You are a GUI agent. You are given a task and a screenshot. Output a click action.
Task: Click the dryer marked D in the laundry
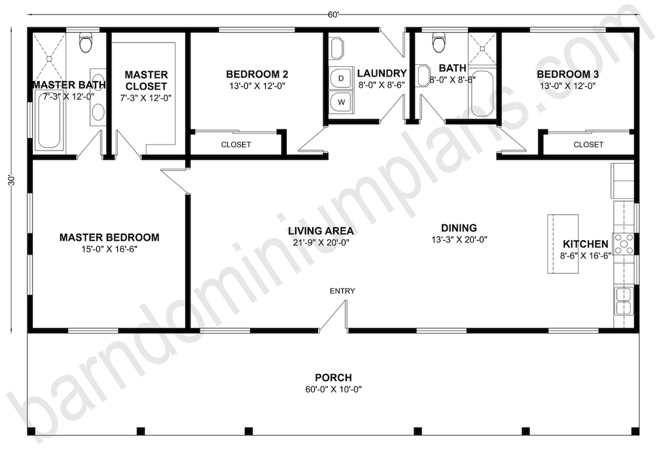pyautogui.click(x=342, y=79)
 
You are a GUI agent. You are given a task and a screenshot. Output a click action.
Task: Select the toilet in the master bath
pyautogui.click(x=86, y=42)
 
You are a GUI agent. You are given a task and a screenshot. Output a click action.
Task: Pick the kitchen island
pyautogui.click(x=562, y=243)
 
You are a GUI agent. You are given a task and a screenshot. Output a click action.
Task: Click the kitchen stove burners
pyautogui.click(x=624, y=245)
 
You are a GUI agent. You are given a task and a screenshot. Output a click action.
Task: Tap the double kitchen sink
pyautogui.click(x=624, y=301)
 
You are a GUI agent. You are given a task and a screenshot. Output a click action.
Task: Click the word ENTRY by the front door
pyautogui.click(x=342, y=291)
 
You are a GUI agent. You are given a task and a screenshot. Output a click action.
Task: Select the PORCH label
pyautogui.click(x=334, y=378)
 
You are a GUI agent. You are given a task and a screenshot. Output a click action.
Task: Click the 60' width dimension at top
pyautogui.click(x=334, y=15)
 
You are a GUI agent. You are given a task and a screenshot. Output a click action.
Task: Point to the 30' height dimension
pyautogui.click(x=12, y=181)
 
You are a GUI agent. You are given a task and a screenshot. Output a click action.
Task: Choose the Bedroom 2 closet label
pyautogui.click(x=236, y=145)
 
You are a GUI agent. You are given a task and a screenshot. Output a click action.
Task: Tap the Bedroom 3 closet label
pyautogui.click(x=588, y=145)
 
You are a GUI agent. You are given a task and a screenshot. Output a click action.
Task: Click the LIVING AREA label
pyautogui.click(x=321, y=230)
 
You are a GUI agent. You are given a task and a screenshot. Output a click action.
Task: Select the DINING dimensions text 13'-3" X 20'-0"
pyautogui.click(x=459, y=240)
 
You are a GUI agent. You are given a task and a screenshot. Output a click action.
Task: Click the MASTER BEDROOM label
pyautogui.click(x=109, y=238)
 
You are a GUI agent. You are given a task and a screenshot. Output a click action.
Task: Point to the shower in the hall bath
pyautogui.click(x=482, y=49)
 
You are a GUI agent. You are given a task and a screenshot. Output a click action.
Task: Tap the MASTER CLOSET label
pyautogui.click(x=147, y=80)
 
